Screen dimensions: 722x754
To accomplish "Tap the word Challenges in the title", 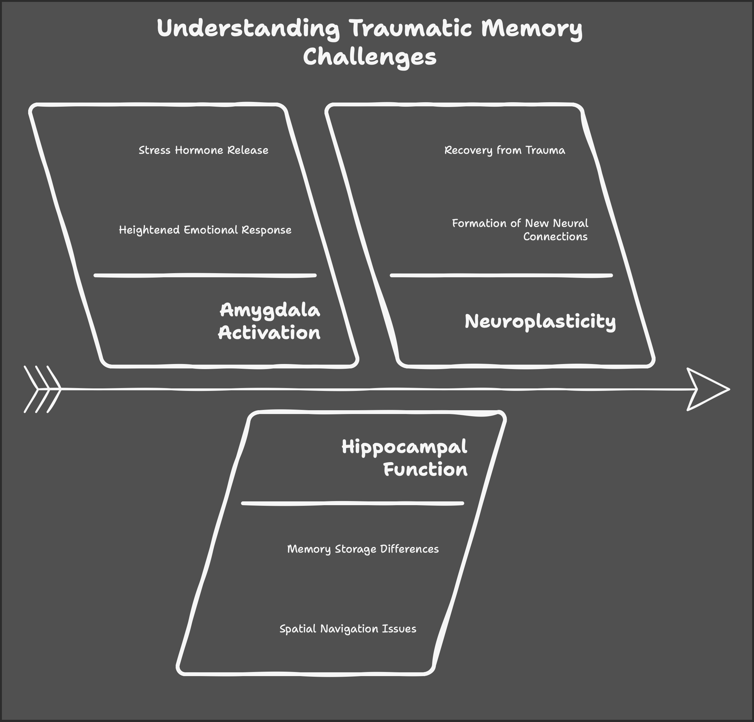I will [369, 57].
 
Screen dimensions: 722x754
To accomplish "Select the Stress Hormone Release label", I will [204, 150].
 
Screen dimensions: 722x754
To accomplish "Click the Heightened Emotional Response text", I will [205, 230].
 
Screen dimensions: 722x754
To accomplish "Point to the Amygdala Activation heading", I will [269, 321].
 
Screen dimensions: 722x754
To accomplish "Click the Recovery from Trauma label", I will [505, 150].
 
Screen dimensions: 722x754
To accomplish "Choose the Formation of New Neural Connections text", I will [520, 229].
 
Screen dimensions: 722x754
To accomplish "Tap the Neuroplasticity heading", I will [540, 321].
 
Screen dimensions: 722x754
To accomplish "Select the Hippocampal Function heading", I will [405, 458].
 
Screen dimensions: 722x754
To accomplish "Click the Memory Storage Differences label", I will [363, 549].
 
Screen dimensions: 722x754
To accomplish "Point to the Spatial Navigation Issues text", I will [348, 629].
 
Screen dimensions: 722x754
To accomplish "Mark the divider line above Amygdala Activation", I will [205, 275].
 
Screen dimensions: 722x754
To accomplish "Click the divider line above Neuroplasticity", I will [501, 275].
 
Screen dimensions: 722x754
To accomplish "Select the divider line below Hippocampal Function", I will [352, 503].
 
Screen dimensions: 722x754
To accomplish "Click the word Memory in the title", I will [532, 28].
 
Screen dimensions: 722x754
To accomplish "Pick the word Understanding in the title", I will [248, 28].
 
